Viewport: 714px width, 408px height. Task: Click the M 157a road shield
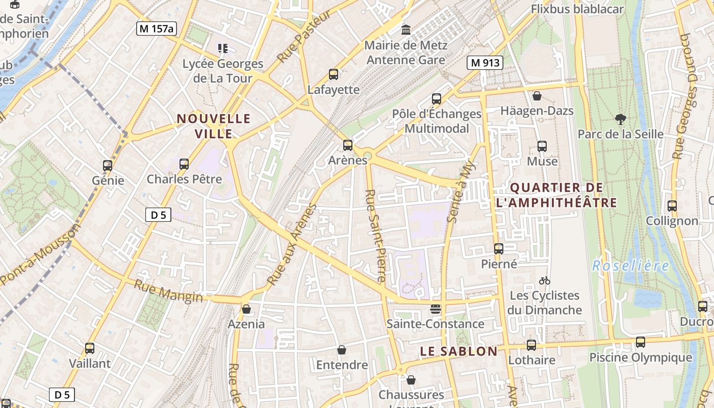pyautogui.click(x=157, y=29)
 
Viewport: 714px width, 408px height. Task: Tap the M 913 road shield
pyautogui.click(x=484, y=63)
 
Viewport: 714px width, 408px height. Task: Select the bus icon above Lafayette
pyautogui.click(x=334, y=74)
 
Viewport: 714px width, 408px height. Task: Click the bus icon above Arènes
pyautogui.click(x=348, y=145)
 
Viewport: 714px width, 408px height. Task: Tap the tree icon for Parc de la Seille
pyautogui.click(x=620, y=119)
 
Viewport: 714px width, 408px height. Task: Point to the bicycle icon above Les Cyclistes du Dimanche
pyautogui.click(x=545, y=280)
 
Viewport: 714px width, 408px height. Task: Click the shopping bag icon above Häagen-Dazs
pyautogui.click(x=537, y=96)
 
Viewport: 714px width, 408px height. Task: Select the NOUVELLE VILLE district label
pyautogui.click(x=214, y=126)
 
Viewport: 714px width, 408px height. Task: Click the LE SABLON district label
pyautogui.click(x=458, y=351)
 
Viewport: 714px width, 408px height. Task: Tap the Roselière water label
pyautogui.click(x=630, y=266)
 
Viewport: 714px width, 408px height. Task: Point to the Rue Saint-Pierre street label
pyautogui.click(x=375, y=236)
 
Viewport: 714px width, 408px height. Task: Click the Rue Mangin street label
pyautogui.click(x=168, y=291)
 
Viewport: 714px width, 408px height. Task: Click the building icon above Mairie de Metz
pyautogui.click(x=406, y=30)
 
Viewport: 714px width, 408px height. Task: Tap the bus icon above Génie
pyautogui.click(x=108, y=165)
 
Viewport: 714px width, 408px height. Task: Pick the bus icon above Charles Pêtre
pyautogui.click(x=184, y=164)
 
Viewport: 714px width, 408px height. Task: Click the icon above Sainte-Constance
pyautogui.click(x=435, y=309)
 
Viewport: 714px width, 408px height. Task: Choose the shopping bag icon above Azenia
pyautogui.click(x=246, y=309)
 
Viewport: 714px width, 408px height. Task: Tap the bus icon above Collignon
pyautogui.click(x=672, y=206)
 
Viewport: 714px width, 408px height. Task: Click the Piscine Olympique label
pyautogui.click(x=641, y=358)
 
